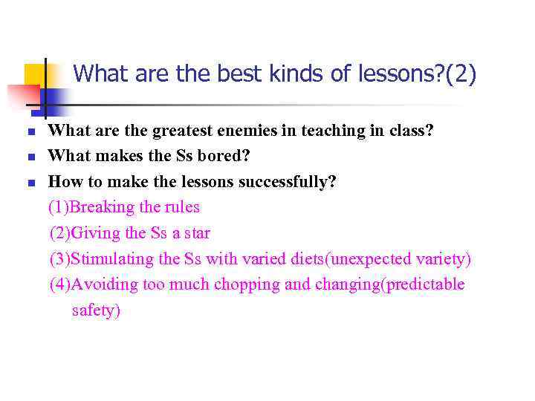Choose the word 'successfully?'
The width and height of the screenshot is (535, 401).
coord(288,182)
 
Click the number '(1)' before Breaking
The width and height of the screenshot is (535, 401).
coord(59,207)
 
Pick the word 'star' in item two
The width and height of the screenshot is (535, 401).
coord(197,233)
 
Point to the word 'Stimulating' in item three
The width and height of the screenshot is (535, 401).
coord(112,259)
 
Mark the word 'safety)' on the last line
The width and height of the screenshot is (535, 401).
coord(96,310)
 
